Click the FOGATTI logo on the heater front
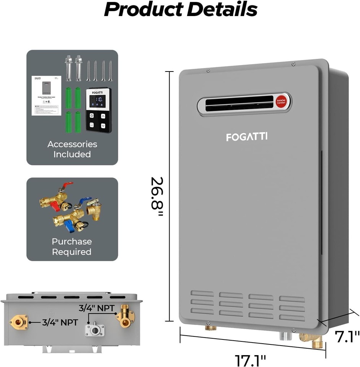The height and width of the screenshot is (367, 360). click(247, 136)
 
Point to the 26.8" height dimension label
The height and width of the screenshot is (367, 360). click(156, 196)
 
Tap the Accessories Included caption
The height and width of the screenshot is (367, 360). click(72, 149)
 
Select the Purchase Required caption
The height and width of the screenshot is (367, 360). click(72, 247)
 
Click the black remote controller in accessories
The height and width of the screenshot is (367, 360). click(99, 110)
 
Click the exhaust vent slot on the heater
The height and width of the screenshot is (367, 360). click(240, 104)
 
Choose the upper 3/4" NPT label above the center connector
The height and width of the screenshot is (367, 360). click(96, 307)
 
